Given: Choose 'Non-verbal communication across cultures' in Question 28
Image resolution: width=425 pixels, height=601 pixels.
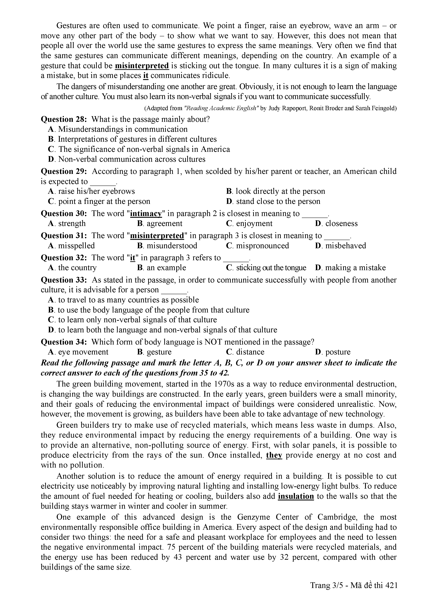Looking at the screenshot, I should [132, 159].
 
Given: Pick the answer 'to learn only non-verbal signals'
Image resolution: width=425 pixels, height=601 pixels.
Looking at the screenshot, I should [137, 320].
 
